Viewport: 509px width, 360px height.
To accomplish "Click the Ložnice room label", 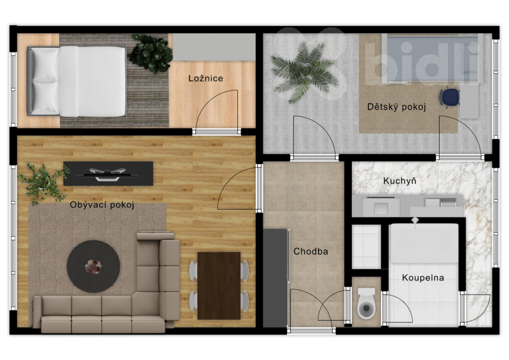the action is (x=206, y=78).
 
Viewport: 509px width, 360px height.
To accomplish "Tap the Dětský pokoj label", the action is (x=396, y=107).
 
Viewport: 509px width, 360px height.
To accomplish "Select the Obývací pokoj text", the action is (x=102, y=205).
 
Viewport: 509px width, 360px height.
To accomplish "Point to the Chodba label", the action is (x=310, y=251).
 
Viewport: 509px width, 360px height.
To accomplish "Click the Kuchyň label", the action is (x=400, y=181).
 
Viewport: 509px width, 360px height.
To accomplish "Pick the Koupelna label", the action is (x=422, y=277).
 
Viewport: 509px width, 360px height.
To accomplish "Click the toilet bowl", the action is (x=366, y=303).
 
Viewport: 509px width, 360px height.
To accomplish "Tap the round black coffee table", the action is (x=94, y=267).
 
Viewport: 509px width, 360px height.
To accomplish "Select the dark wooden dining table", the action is (x=219, y=286).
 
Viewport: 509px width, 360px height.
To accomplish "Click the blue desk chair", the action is (x=450, y=97).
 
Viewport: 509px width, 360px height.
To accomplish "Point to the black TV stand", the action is (x=108, y=174).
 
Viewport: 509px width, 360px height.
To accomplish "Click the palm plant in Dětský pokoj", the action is (x=303, y=71).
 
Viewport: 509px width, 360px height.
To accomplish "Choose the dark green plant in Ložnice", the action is (x=150, y=53).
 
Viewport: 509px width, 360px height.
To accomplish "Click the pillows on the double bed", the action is (x=45, y=81).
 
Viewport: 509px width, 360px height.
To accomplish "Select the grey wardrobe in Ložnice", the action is (x=214, y=47).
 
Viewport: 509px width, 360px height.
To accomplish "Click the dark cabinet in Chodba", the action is (x=275, y=278).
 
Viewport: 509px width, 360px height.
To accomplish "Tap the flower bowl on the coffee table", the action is (x=93, y=267).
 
